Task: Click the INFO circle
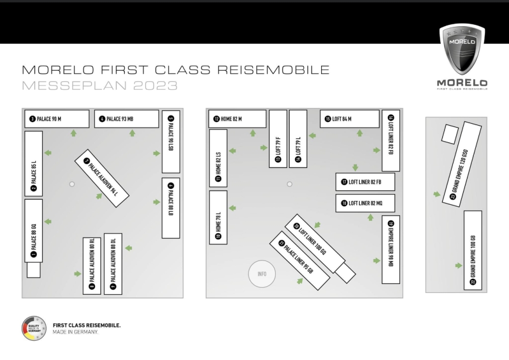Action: tap(262, 274)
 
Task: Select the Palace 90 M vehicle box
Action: tap(57, 119)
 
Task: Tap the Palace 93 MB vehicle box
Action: tap(127, 119)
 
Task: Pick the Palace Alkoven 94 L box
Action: tap(102, 178)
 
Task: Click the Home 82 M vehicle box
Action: tap(237, 119)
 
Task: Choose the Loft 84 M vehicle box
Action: tap(350, 119)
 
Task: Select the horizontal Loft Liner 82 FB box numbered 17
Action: tap(365, 182)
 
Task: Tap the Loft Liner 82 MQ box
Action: tap(365, 203)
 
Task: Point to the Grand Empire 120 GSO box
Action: tap(462, 164)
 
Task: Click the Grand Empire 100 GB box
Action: tap(473, 251)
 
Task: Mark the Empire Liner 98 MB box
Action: tap(391, 250)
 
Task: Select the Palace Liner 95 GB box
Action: tap(300, 260)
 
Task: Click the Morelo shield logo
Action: tap(462, 49)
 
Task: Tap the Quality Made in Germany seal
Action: tap(34, 328)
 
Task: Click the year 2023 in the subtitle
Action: tap(155, 86)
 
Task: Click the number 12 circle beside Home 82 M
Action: tap(216, 119)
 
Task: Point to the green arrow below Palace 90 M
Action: tap(74, 133)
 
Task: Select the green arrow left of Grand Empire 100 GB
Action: tap(459, 265)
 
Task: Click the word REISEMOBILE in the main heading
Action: tap(274, 70)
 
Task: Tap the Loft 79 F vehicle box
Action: tap(278, 139)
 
